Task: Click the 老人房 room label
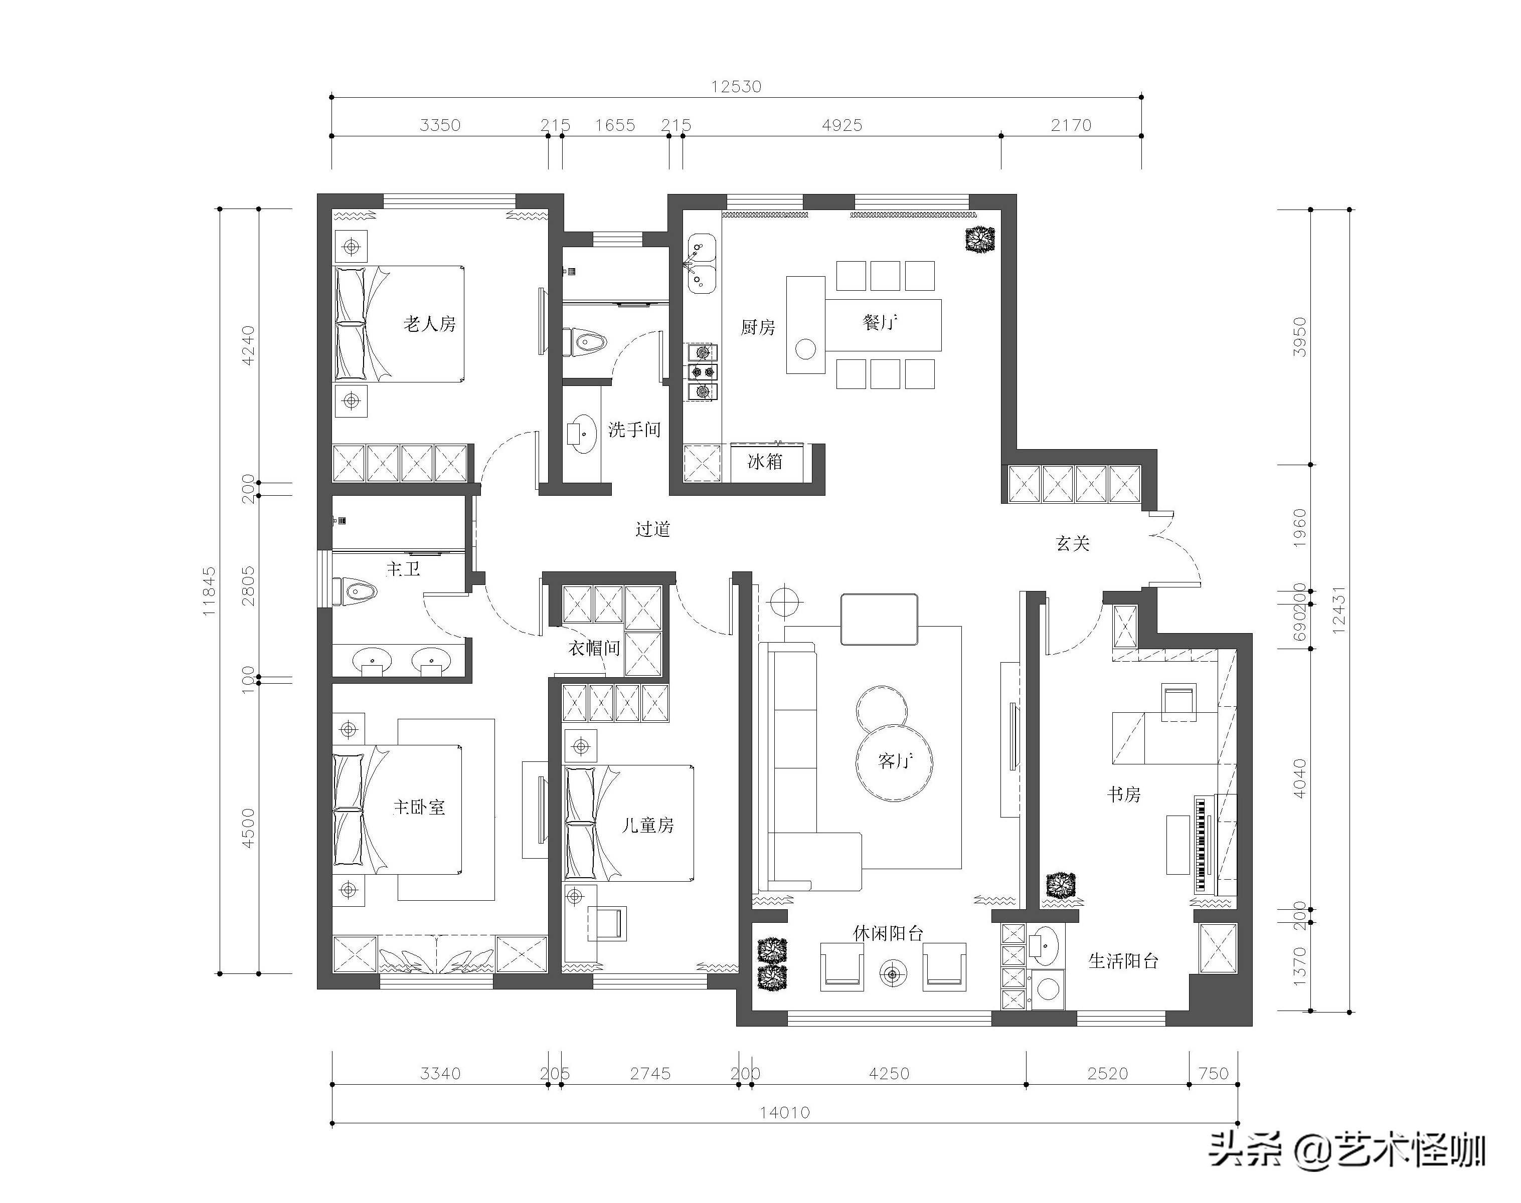(429, 324)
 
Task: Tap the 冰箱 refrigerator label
(765, 462)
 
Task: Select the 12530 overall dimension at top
(736, 87)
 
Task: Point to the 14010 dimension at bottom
(784, 1113)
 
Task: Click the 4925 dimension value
(842, 125)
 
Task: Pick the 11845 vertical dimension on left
(209, 591)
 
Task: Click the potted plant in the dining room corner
(980, 239)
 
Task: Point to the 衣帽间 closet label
(594, 648)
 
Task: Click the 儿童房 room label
(647, 825)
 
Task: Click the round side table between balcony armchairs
(893, 974)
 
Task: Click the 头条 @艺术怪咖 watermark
(1347, 1151)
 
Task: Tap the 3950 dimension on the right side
(1300, 337)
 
